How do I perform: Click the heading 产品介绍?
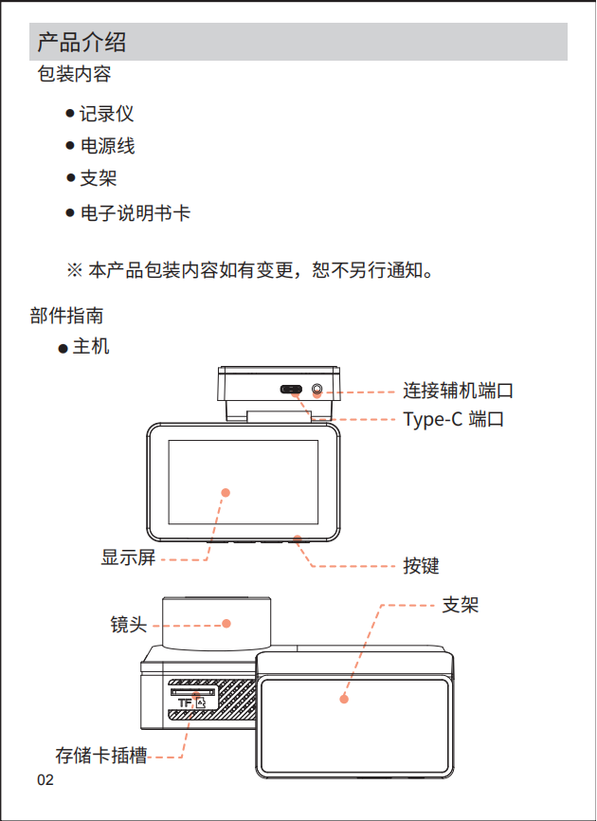81,43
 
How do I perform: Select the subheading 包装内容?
73,74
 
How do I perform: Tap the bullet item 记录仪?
106,114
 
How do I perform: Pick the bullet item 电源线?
106,146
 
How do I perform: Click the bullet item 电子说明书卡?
135,213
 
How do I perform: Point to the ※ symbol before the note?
75,271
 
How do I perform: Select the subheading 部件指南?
66,316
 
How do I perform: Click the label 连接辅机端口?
458,390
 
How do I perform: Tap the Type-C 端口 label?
453,418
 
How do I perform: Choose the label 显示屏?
128,558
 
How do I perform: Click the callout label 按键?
421,566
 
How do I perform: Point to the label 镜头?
128,624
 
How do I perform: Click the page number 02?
45,780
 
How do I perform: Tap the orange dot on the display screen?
226,492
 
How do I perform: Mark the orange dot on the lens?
226,623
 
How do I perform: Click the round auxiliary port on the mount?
317,390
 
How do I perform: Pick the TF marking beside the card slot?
184,703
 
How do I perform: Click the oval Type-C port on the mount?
292,390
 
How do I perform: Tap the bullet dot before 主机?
63,349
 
